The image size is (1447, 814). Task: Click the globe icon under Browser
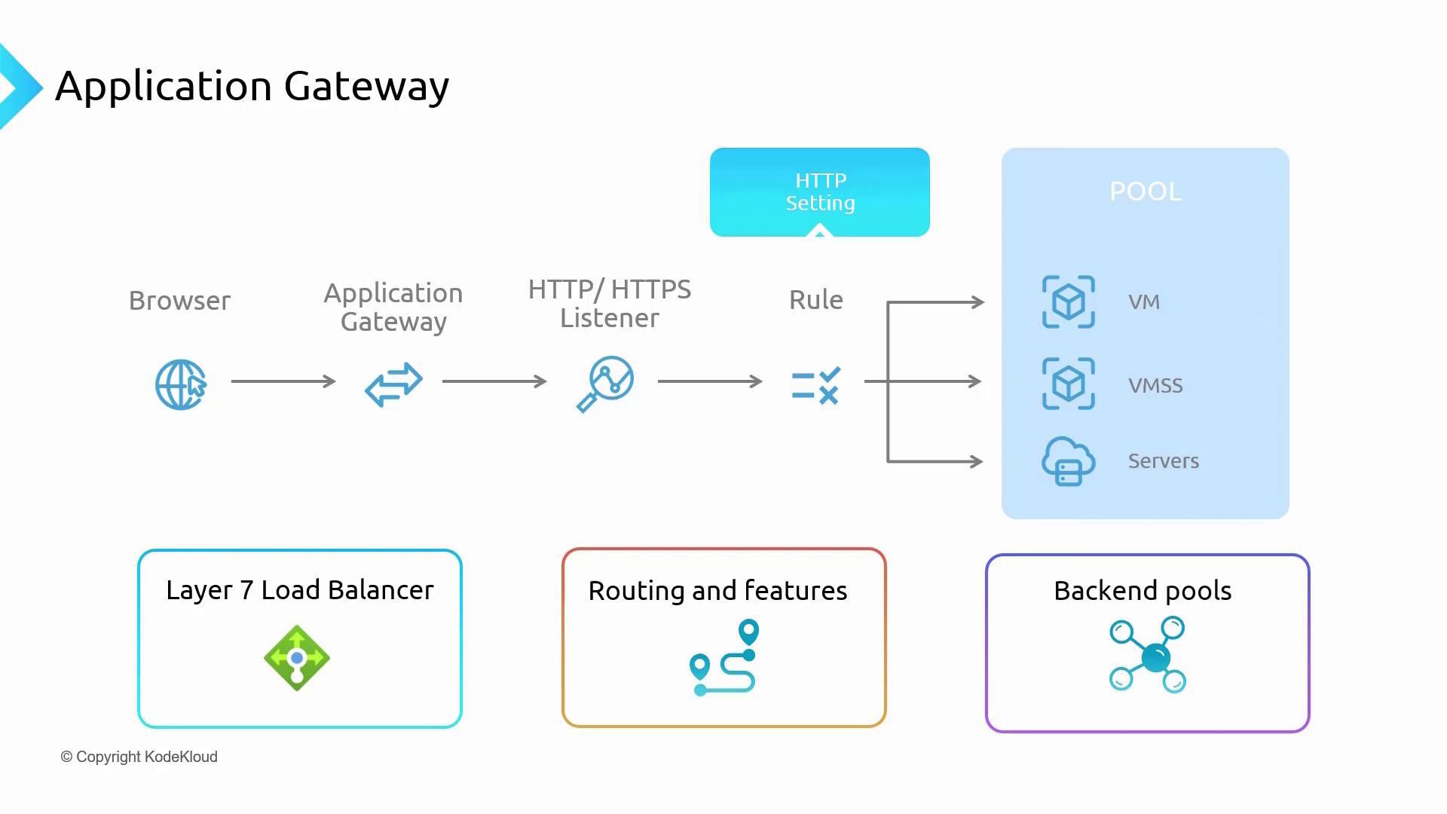pos(181,384)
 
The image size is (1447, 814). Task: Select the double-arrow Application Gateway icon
pos(393,384)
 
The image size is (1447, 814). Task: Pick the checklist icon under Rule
pos(816,386)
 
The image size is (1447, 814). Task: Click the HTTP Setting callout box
pos(820,192)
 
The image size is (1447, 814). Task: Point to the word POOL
pos(1146,191)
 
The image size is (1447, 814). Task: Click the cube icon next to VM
pos(1068,302)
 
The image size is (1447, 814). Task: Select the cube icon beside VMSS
pos(1068,384)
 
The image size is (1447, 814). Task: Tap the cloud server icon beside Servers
pos(1068,461)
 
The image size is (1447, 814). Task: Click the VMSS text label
pos(1155,386)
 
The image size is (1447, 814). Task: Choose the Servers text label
pos(1163,461)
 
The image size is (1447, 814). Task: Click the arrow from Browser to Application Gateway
pos(283,381)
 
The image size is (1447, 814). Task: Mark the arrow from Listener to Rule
pos(710,381)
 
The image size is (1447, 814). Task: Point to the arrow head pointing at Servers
pos(977,461)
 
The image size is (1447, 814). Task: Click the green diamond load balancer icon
pos(297,658)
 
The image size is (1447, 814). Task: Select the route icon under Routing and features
pos(723,657)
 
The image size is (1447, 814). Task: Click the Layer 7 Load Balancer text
pos(300,590)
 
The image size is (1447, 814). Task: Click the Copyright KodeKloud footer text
pos(139,757)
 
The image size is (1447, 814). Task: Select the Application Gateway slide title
pos(252,86)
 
